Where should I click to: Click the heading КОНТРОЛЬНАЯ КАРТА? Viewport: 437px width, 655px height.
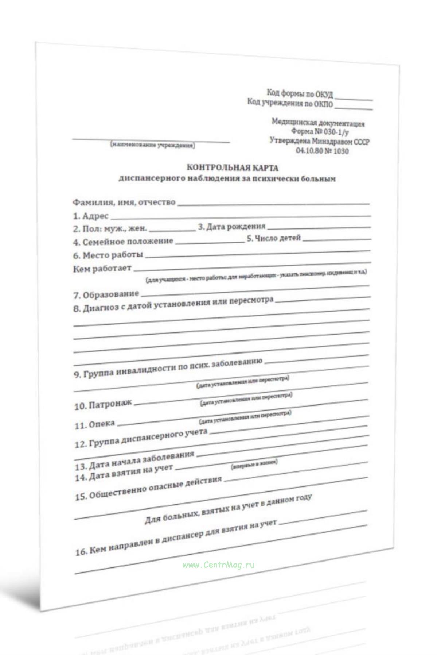coord(232,168)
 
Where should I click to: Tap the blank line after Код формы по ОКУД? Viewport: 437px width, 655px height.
coord(354,99)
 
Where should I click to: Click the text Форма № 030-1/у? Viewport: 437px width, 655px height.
coord(317,132)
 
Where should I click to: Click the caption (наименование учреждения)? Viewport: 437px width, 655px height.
coord(152,146)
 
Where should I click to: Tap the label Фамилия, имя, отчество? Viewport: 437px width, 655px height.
coord(124,202)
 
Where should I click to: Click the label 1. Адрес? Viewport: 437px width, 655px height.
coord(91,216)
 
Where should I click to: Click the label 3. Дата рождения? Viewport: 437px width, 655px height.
coord(231,227)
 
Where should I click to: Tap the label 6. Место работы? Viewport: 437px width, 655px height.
coord(108,255)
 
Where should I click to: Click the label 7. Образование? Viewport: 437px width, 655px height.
coord(106,294)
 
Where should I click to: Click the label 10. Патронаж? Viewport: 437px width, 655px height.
coord(103,405)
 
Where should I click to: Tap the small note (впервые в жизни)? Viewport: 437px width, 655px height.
coord(254,465)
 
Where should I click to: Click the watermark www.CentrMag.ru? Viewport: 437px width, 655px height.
coord(218,565)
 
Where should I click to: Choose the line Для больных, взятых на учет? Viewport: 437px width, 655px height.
coord(228,508)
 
